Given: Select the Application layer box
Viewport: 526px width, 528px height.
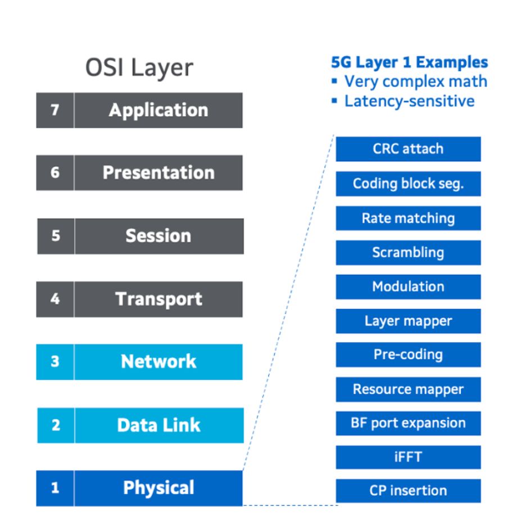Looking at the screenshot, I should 158,110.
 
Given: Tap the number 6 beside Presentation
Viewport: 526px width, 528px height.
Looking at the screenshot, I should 55,172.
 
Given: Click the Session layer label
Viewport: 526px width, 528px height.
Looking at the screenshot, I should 158,236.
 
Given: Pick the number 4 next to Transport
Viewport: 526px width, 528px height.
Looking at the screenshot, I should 55,299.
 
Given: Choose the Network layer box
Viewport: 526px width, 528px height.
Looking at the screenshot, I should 158,362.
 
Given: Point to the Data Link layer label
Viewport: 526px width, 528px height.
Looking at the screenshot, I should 158,425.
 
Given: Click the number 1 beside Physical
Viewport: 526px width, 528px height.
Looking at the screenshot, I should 55,488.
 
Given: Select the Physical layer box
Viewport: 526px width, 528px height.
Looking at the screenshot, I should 158,488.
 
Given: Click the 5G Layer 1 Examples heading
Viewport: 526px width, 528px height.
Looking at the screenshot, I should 409,62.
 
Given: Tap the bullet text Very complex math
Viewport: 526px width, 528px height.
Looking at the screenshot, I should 415,81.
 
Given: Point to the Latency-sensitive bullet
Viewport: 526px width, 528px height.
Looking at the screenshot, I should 409,101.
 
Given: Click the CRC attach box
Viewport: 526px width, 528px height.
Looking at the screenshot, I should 408,149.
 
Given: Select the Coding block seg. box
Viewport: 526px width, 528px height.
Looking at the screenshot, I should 408,184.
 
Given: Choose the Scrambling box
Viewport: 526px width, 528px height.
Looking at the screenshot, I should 408,253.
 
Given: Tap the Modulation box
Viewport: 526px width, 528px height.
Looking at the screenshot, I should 408,286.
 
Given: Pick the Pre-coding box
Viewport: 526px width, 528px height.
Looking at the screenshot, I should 408,355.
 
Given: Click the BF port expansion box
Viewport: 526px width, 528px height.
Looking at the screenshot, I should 408,423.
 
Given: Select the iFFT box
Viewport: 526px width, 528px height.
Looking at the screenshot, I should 408,457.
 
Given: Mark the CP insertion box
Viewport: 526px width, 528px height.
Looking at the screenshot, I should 408,491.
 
